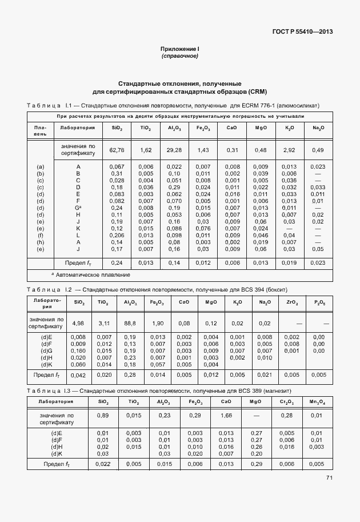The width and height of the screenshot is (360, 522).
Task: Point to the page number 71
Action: tap(329, 478)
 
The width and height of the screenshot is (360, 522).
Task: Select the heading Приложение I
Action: tap(179, 50)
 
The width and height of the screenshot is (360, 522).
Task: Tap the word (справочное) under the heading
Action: tap(179, 56)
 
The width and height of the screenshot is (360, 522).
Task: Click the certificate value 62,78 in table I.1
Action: tap(117, 150)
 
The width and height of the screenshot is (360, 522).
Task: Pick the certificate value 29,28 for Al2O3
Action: tap(174, 150)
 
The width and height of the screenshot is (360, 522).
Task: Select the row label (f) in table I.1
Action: tap(41, 235)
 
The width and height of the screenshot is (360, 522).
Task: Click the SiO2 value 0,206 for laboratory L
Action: tap(117, 235)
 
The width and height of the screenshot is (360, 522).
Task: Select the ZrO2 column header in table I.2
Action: tap(291, 302)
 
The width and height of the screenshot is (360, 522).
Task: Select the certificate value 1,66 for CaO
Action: tap(226, 416)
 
